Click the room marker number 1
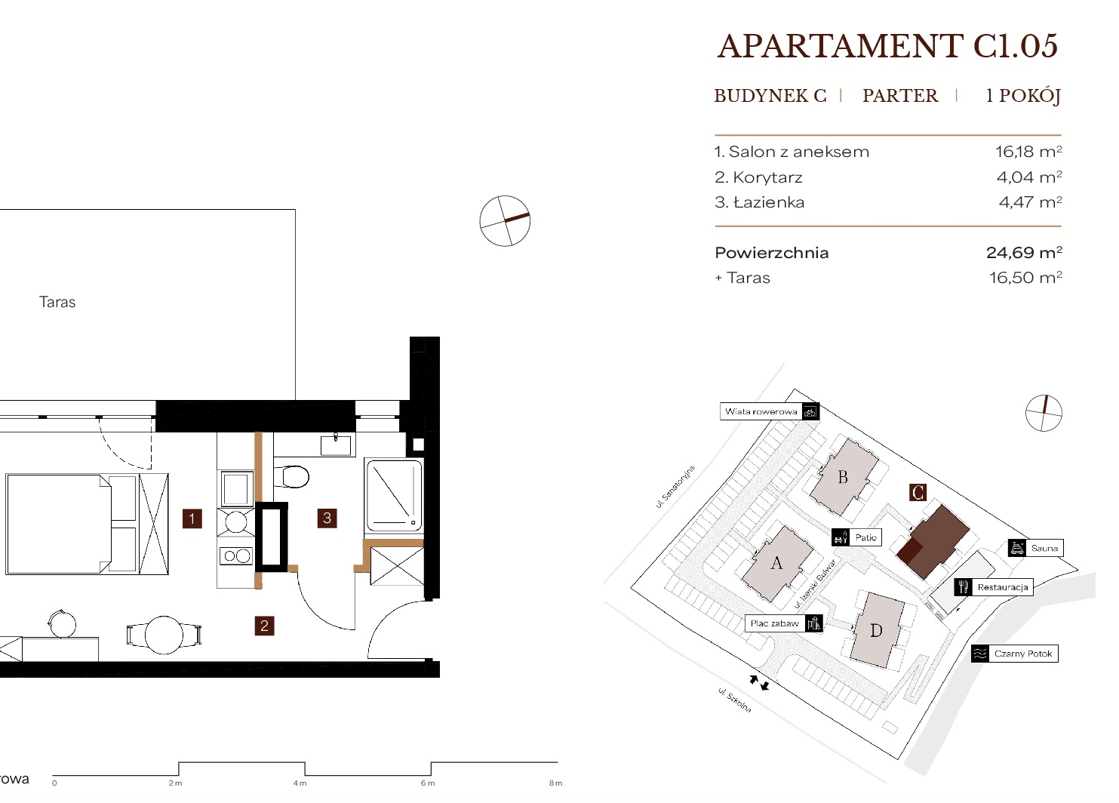(x=192, y=518)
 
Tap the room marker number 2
(x=264, y=626)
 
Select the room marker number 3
(x=327, y=518)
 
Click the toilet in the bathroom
(x=291, y=477)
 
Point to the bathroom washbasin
(x=336, y=445)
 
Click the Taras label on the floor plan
(x=57, y=302)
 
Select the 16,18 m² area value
(x=1028, y=151)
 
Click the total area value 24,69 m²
(x=1024, y=252)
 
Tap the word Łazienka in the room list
(x=770, y=202)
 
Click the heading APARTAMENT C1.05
(x=887, y=46)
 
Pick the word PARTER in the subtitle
(x=900, y=95)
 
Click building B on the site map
(x=844, y=477)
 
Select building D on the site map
(x=877, y=631)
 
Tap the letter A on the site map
(x=776, y=563)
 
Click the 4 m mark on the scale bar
(x=300, y=783)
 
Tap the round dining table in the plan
(x=164, y=635)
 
